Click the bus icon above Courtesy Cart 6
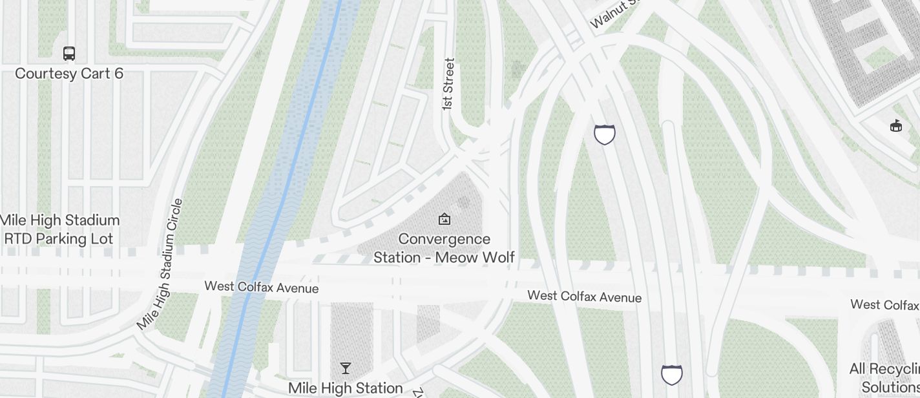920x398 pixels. coord(69,53)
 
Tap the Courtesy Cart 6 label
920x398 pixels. coord(69,74)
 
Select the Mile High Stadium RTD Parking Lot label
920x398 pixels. coord(59,229)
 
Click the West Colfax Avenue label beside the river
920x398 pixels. coord(261,287)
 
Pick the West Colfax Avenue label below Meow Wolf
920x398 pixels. coord(584,297)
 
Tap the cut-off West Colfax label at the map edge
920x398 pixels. coord(884,304)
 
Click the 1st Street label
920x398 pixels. coord(448,85)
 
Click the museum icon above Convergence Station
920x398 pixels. coord(444,220)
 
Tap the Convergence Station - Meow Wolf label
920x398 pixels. coord(444,248)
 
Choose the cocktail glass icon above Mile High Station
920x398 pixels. coord(346,368)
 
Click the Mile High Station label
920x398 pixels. coord(346,388)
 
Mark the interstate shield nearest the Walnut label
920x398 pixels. coord(605,134)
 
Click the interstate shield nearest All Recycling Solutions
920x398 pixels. coord(672,375)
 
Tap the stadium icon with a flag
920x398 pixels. coord(895,126)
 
